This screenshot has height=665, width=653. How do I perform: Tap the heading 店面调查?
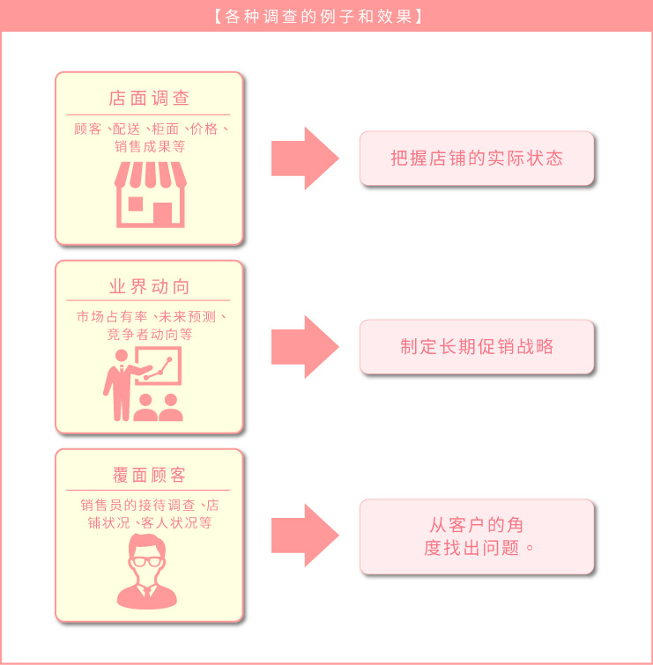pyautogui.click(x=149, y=98)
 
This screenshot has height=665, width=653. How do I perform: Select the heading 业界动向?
pyautogui.click(x=149, y=287)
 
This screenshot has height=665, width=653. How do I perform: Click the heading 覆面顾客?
pyautogui.click(x=149, y=476)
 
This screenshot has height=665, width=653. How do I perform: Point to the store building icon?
pyautogui.click(x=149, y=195)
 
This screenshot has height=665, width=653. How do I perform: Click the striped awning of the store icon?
pyautogui.click(x=149, y=175)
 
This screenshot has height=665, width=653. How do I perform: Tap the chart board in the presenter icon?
pyautogui.click(x=159, y=365)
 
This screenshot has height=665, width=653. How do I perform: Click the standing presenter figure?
pyautogui.click(x=118, y=386)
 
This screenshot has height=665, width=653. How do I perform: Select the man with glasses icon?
pyautogui.click(x=147, y=573)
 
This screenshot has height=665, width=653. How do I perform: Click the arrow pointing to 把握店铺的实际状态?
pyautogui.click(x=304, y=159)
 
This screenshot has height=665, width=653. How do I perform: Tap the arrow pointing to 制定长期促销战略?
pyautogui.click(x=304, y=347)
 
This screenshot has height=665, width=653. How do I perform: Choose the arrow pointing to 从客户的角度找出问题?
pyautogui.click(x=304, y=536)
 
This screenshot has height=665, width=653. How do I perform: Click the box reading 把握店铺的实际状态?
pyautogui.click(x=477, y=159)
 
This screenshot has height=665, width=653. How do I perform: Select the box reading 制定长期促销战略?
pyautogui.click(x=477, y=347)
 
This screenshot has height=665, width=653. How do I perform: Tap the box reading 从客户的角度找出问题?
pyautogui.click(x=477, y=536)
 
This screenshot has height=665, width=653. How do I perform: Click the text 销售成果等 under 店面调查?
pyautogui.click(x=149, y=146)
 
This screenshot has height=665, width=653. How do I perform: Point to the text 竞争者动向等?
pyautogui.click(x=149, y=335)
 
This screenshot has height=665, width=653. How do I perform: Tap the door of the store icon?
pyautogui.click(x=162, y=212)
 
